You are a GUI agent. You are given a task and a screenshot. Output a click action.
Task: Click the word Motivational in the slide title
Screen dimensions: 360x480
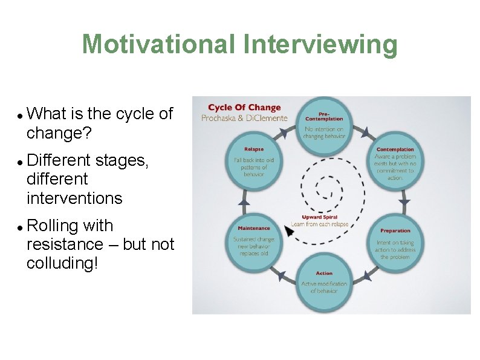[x=159, y=44]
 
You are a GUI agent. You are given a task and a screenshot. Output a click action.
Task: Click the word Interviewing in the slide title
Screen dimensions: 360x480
[x=320, y=44]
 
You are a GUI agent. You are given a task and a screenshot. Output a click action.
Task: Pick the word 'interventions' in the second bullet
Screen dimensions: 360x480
[x=74, y=198]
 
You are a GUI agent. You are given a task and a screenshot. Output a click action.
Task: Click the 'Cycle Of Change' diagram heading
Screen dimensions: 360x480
[x=244, y=108]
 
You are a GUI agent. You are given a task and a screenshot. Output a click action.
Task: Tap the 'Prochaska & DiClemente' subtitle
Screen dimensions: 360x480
[x=244, y=117]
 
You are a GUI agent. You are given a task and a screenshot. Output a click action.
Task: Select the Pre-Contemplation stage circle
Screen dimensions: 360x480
[x=325, y=124]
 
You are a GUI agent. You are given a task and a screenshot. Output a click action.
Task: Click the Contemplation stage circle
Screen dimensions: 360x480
[x=395, y=163]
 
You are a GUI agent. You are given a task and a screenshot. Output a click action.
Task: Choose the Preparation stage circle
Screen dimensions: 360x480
[x=395, y=243]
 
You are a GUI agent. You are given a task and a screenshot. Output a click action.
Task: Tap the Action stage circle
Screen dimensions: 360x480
[x=324, y=283]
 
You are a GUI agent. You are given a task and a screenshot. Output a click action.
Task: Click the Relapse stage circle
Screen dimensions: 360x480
[x=254, y=163]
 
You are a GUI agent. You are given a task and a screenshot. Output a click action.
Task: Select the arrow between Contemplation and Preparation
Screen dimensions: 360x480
[x=404, y=201]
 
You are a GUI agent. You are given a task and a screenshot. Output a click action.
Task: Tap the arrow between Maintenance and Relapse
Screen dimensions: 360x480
[x=244, y=202]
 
